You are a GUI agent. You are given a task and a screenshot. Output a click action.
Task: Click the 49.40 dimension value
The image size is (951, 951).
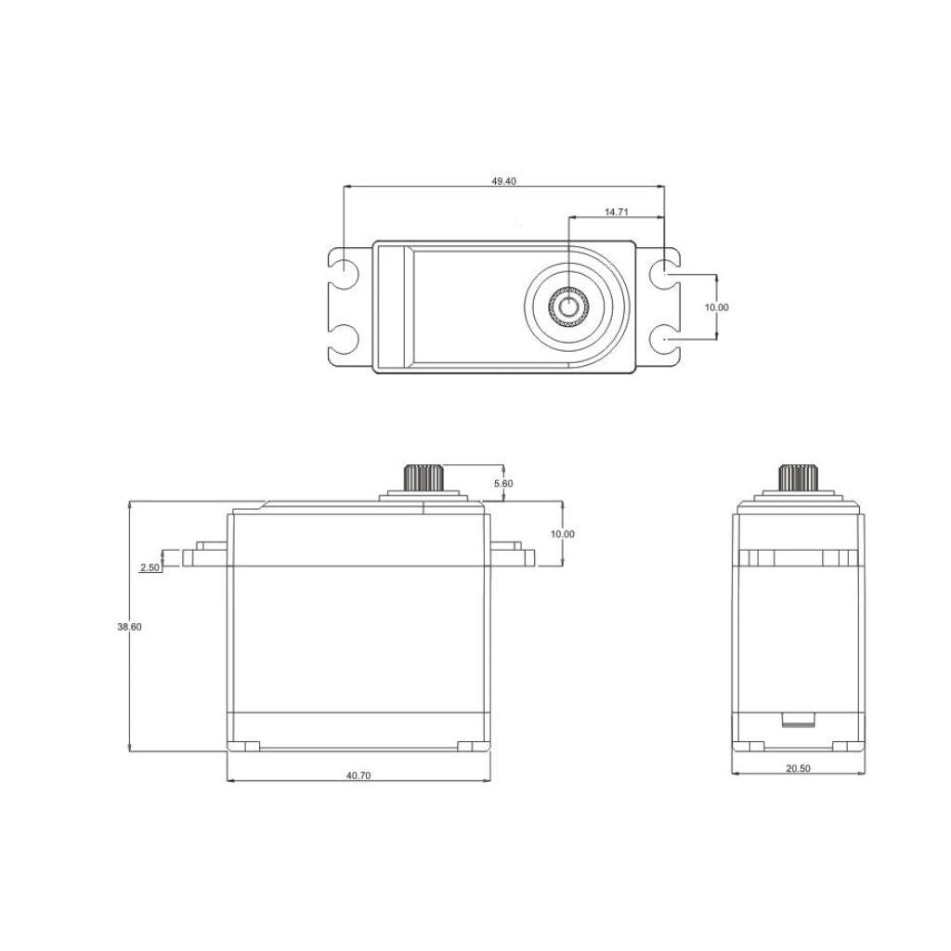[503, 181]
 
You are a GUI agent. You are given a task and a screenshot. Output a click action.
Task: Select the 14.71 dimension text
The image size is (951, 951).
[617, 212]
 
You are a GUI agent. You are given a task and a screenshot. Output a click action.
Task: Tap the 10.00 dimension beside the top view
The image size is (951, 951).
[716, 307]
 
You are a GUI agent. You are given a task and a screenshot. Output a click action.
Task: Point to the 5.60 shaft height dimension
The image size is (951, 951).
[502, 484]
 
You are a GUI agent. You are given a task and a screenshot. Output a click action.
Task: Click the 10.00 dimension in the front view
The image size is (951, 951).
[562, 534]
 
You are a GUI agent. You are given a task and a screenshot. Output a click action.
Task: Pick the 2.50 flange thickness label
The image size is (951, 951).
[150, 567]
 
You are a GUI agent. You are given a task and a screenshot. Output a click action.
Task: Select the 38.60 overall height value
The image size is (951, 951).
[129, 627]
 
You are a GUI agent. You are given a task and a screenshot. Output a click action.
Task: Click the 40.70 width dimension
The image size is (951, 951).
[358, 775]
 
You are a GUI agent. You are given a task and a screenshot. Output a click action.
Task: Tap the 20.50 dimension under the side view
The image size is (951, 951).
[799, 768]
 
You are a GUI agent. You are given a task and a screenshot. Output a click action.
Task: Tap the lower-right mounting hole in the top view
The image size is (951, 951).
[664, 340]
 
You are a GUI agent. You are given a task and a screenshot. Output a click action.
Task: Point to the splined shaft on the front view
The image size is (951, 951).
[424, 479]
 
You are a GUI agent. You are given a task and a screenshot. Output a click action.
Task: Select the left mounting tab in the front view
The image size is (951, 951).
[205, 556]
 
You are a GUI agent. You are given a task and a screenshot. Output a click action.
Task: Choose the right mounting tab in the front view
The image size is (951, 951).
[513, 556]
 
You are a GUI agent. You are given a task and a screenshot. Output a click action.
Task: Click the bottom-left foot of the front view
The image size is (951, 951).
[247, 746]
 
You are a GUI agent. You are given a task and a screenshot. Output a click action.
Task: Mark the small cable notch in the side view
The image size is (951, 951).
[798, 720]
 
